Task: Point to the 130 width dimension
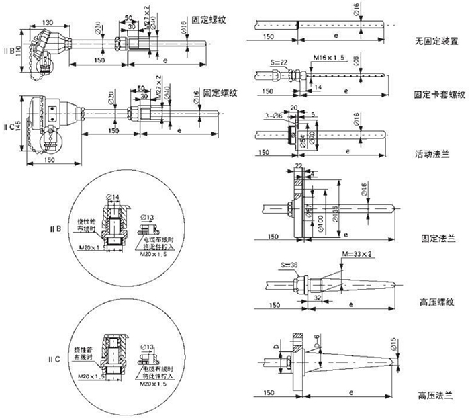point(48,22)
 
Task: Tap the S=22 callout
point(277,61)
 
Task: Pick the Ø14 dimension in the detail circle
point(114,196)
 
